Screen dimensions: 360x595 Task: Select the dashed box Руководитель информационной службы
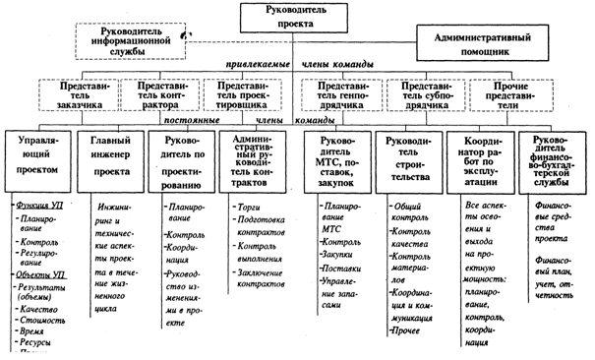tap(129, 39)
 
